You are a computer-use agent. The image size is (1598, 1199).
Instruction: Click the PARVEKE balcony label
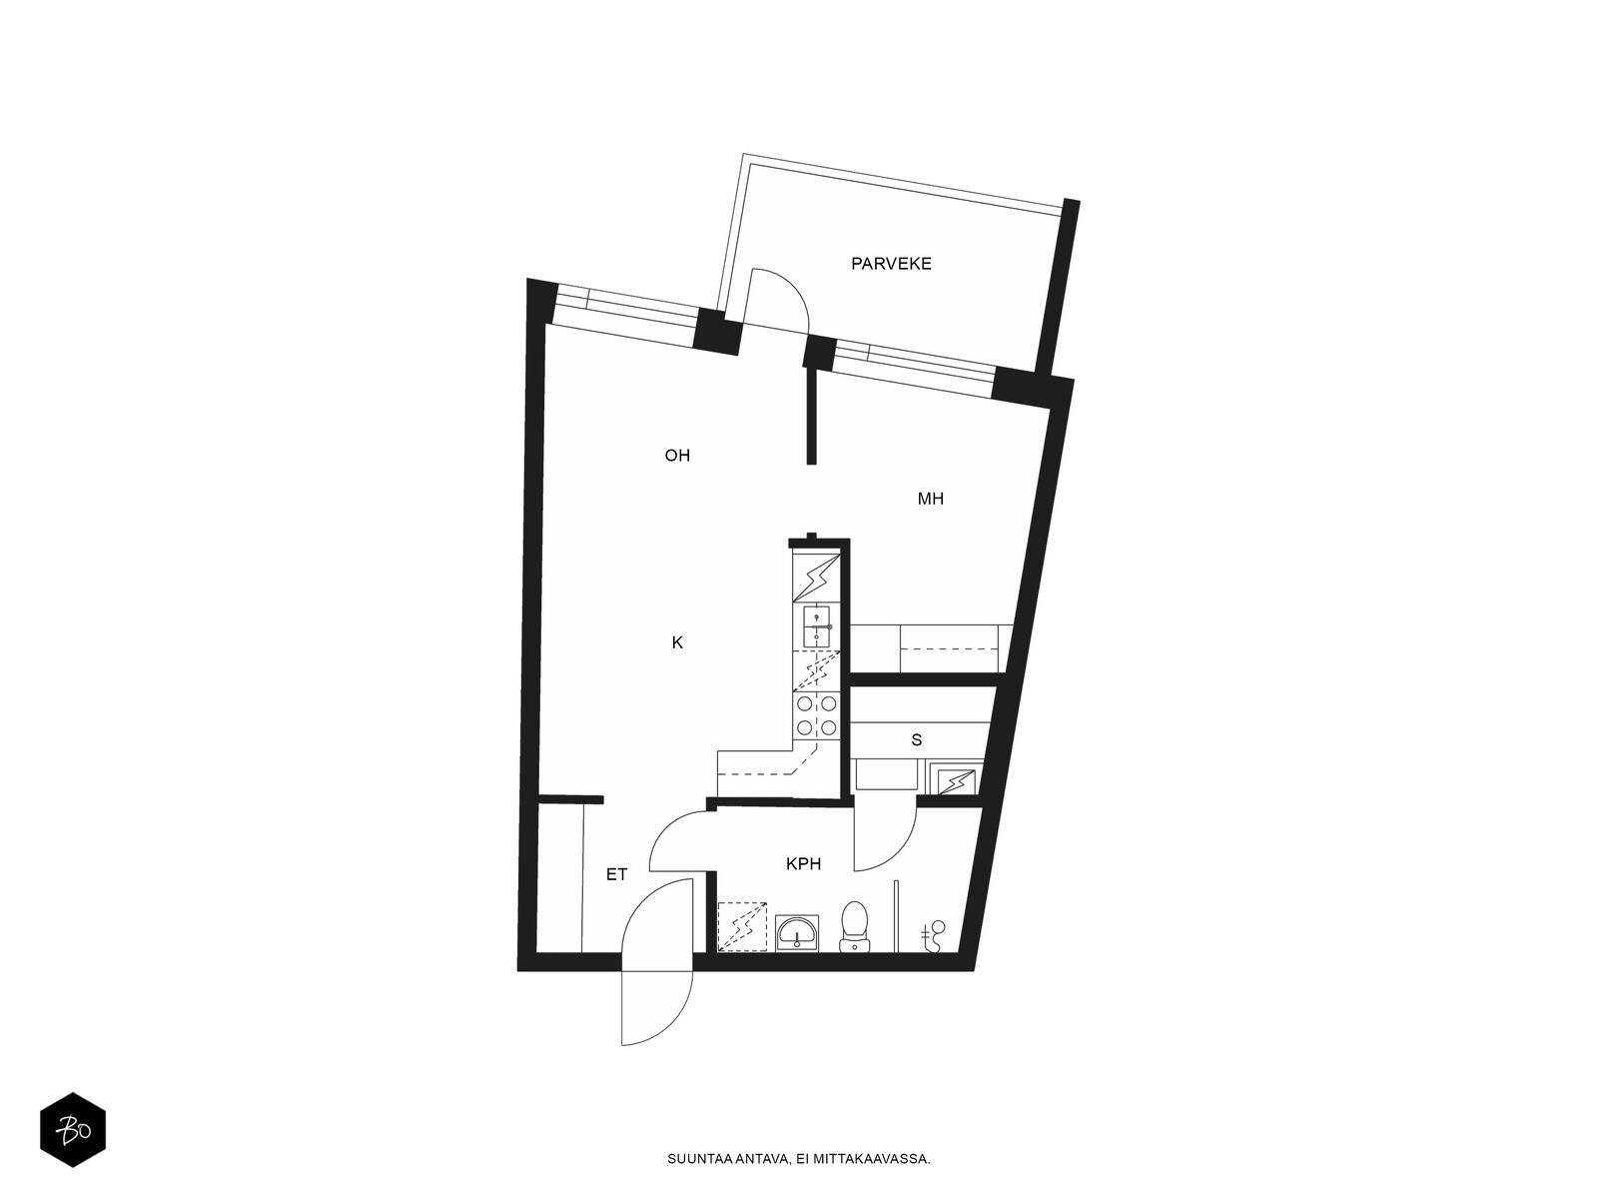point(890,264)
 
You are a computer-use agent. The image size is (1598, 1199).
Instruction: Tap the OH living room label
point(676,456)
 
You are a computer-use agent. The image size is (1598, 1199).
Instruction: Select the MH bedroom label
point(930,499)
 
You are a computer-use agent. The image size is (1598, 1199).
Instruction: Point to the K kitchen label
point(677,642)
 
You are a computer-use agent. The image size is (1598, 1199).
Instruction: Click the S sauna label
point(916,740)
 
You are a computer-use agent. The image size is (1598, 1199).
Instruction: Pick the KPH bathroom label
point(803,864)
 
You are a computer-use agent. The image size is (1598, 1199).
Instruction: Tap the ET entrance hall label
point(616,874)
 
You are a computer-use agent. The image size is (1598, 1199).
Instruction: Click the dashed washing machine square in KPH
point(743,927)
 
